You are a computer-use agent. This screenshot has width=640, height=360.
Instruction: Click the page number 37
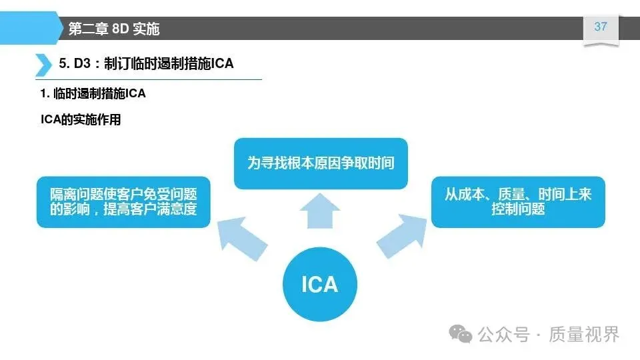coord(601,27)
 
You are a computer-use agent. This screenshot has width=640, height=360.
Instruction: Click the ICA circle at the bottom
coord(320,285)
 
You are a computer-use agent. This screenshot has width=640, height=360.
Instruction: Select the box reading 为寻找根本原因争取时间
coord(320,163)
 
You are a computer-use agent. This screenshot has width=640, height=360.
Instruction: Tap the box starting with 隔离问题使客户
coord(123,201)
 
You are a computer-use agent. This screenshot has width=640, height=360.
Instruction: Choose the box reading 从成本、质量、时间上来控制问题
coord(518,201)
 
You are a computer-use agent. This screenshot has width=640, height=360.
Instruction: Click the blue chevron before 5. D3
coord(43,64)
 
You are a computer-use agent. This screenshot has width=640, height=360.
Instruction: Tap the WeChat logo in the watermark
coord(461,333)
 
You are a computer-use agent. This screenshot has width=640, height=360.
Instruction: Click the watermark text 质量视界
coord(584,333)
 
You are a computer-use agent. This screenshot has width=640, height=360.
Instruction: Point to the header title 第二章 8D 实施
coord(114,29)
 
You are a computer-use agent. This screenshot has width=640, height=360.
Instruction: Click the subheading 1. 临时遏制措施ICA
coord(93,94)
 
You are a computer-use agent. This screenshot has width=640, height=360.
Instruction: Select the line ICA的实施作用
coord(81,121)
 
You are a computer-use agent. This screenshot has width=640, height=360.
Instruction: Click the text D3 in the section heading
coord(83,64)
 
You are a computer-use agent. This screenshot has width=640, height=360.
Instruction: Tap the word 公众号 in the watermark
coord(504,333)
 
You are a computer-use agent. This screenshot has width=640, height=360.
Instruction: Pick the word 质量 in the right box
coord(511,194)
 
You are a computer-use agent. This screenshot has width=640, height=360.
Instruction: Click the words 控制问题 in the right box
coord(518,209)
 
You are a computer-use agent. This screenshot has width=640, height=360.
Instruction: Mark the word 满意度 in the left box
coord(181,209)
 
